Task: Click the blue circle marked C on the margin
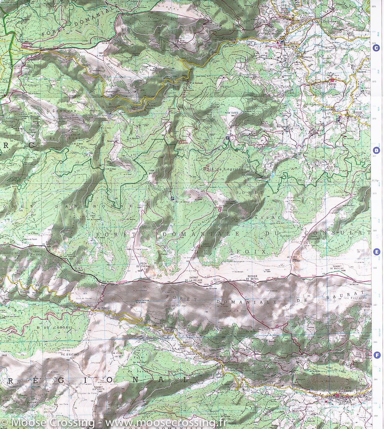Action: [375, 50]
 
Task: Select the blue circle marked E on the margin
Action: [376, 252]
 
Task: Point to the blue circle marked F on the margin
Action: [376, 355]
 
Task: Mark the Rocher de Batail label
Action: [254, 282]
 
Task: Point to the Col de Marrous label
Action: [31, 46]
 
